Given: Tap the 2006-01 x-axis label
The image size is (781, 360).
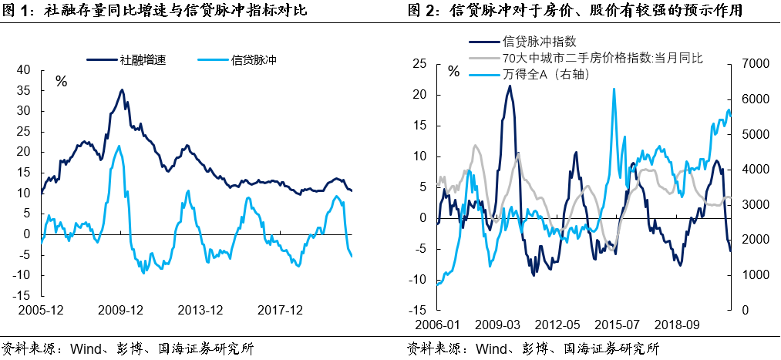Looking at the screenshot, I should point(437,326).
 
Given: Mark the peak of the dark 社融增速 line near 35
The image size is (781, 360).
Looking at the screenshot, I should point(122,89).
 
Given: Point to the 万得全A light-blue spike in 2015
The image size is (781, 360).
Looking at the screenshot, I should point(614,89).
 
